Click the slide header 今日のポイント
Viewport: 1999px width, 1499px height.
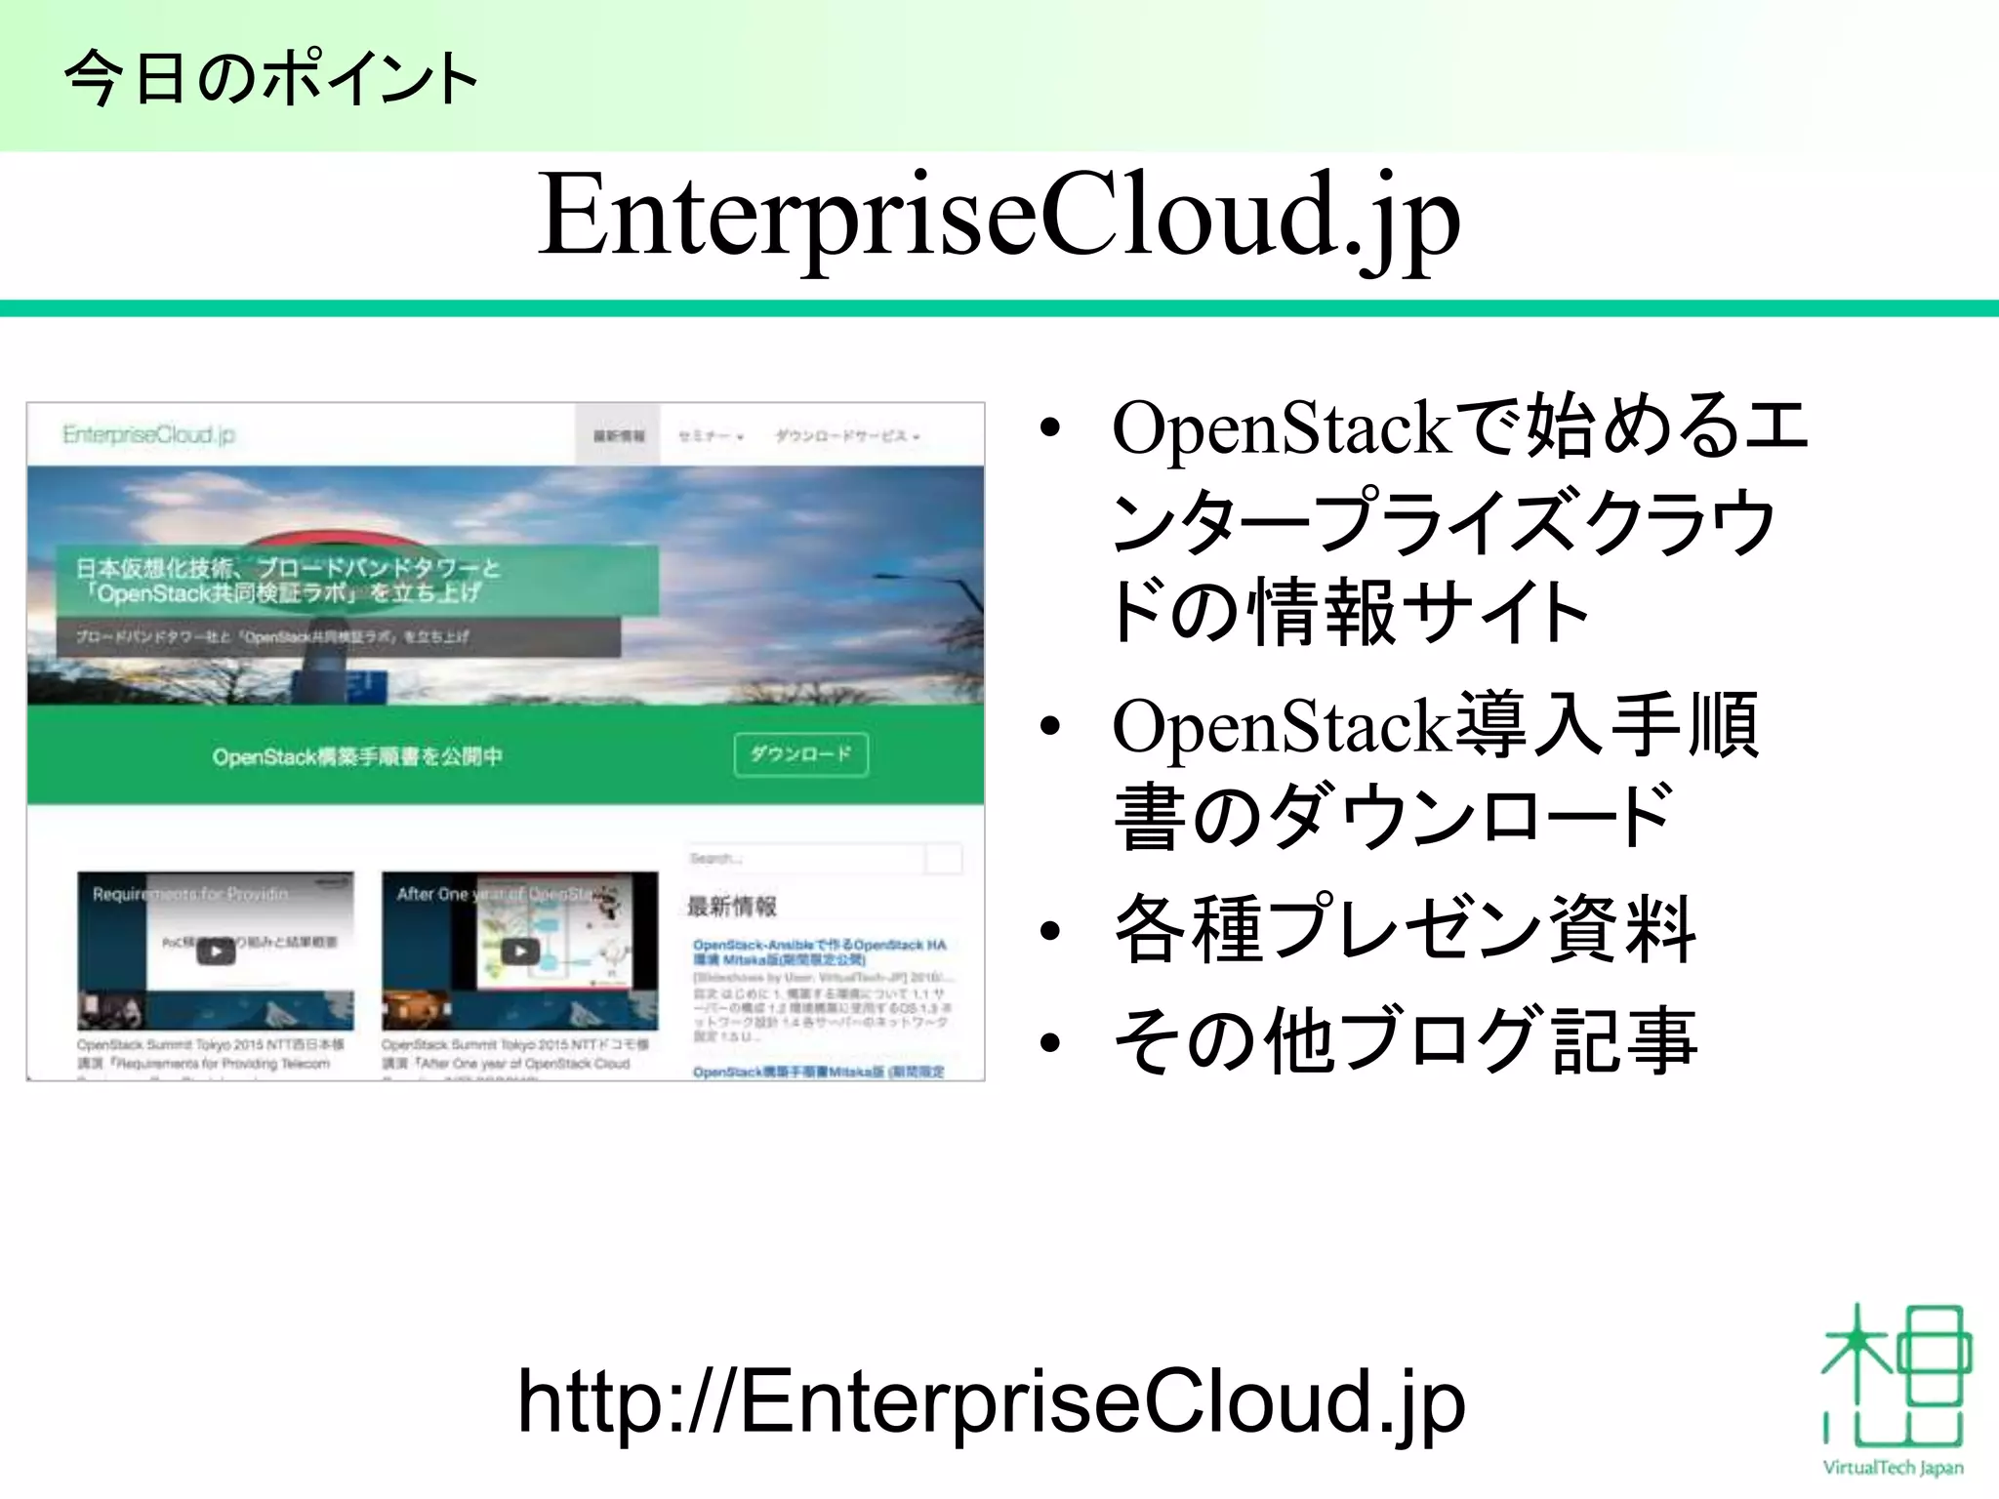271,78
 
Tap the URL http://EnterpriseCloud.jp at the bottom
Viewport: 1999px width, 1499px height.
990,1400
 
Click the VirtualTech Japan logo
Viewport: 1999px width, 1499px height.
1894,1390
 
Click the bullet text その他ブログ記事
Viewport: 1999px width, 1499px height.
1406,1040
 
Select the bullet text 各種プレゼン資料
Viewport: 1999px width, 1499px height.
1406,930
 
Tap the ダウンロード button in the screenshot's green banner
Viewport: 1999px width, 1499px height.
800,754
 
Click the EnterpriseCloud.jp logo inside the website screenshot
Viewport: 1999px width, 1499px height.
148,434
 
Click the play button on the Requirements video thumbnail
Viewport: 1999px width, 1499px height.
216,951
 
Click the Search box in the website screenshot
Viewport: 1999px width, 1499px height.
806,859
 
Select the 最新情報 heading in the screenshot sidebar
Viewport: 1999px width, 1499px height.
732,907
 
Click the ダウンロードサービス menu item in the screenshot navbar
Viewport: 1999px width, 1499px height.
847,436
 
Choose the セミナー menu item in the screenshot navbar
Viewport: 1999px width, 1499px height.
711,436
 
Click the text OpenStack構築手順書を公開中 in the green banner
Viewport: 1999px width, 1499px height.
357,756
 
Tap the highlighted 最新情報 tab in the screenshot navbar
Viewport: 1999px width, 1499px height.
619,436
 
